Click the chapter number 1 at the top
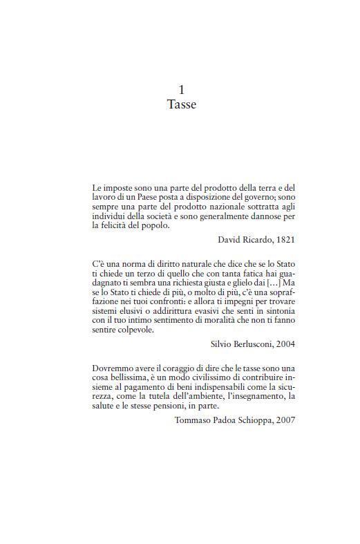click(182, 90)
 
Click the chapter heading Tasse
click(182, 105)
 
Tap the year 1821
click(284, 239)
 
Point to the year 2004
click(284, 344)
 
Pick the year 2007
click(285, 420)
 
